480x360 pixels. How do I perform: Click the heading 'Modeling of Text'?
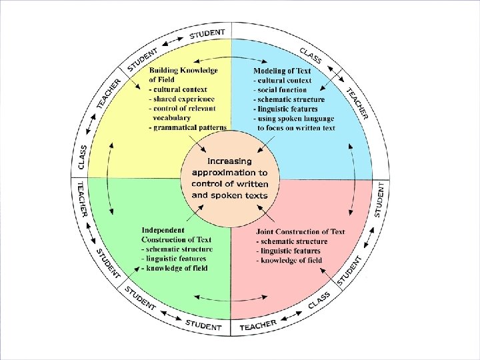pos(282,71)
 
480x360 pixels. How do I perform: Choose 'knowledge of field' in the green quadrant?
pos(177,268)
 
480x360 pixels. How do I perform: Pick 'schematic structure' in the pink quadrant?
pos(295,241)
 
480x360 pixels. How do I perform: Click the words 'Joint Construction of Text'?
pos(301,232)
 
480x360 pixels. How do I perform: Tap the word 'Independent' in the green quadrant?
pos(163,230)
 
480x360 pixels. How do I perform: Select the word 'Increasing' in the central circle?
pos(229,161)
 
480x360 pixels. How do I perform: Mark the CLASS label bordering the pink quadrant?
pos(319,301)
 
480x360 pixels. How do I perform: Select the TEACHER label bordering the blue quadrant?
pos(356,104)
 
